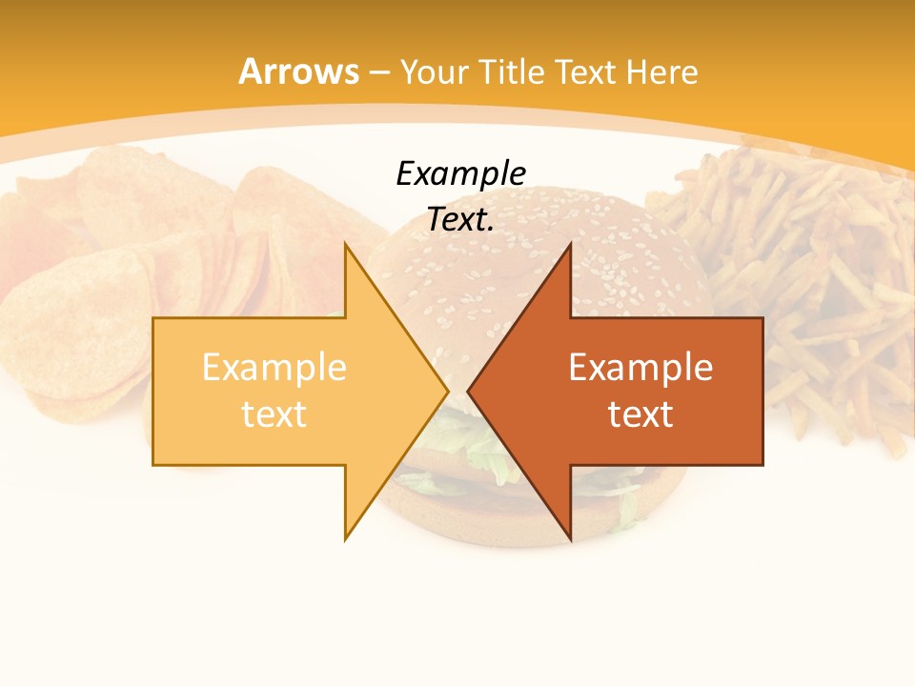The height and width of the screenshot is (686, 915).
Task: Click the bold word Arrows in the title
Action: pos(298,71)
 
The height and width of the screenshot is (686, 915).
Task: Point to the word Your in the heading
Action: pos(433,71)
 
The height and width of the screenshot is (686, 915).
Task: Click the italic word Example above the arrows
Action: pos(460,174)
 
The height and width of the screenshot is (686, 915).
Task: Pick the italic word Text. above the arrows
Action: pos(460,220)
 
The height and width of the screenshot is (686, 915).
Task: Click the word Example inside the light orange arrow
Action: pos(274,368)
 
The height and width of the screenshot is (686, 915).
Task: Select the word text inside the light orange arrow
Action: pos(274,414)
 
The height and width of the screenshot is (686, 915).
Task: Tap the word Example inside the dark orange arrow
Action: pos(640,368)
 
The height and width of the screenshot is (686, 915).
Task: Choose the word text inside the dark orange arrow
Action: pos(640,414)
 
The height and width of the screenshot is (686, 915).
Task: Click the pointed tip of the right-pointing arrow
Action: pos(447,391)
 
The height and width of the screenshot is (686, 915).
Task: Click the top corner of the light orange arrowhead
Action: pos(346,245)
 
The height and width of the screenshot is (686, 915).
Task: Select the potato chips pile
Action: pos(143,257)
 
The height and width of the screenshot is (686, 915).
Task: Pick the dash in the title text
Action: pos(379,72)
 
